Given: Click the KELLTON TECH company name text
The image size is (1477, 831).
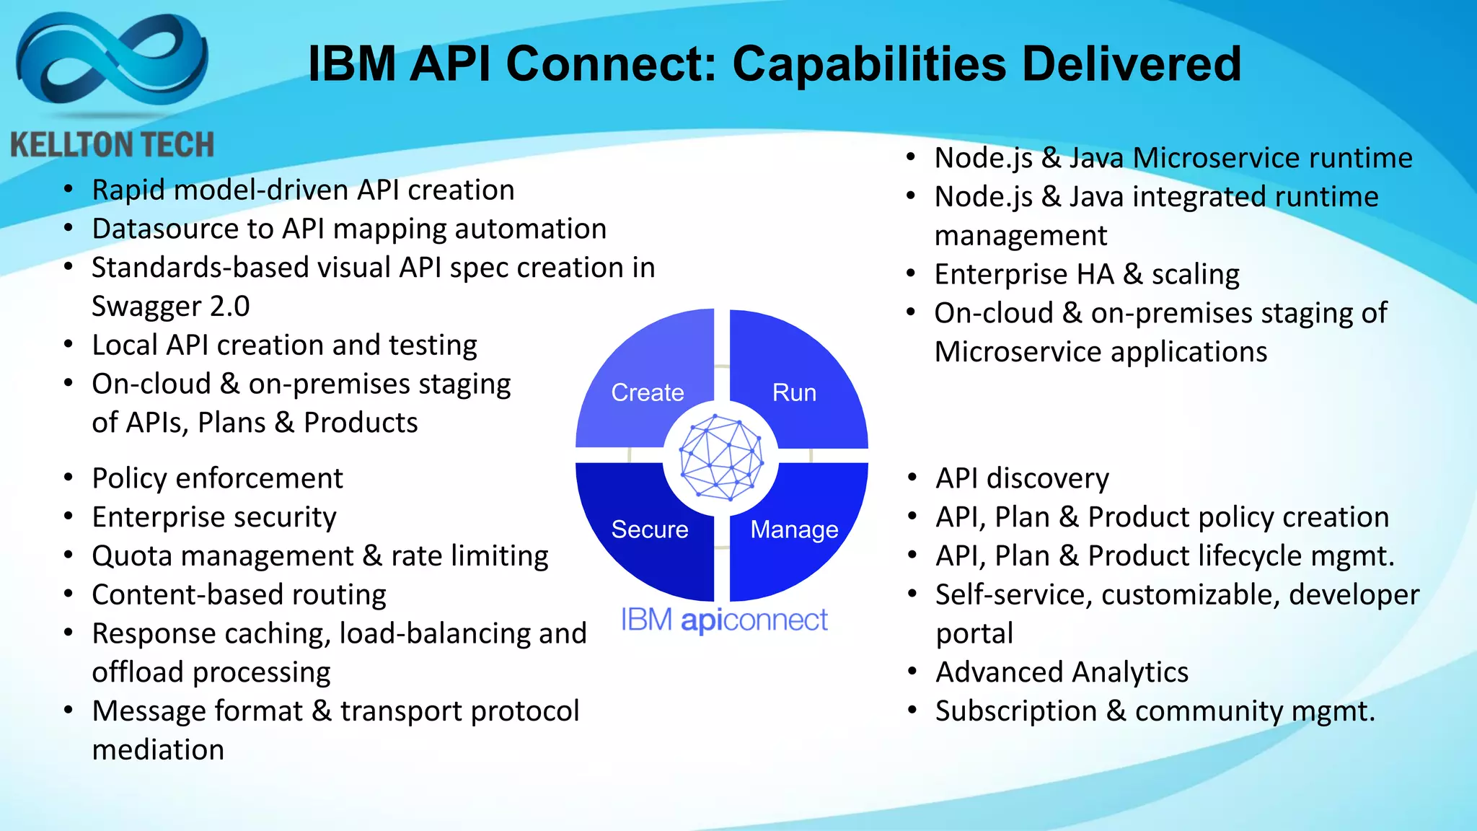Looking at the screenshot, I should click(112, 145).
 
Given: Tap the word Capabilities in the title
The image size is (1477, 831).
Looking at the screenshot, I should click(868, 63).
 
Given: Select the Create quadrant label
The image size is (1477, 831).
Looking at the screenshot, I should click(647, 392).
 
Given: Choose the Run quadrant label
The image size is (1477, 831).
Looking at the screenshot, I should click(794, 392).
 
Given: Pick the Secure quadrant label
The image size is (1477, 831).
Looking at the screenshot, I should click(649, 529).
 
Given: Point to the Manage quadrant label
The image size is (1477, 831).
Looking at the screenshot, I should click(794, 529).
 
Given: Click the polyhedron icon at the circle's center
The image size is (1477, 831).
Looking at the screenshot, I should click(721, 457).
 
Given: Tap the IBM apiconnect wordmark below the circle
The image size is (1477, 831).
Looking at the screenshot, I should click(724, 620).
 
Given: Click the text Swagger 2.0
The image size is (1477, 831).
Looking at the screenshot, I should click(170, 307).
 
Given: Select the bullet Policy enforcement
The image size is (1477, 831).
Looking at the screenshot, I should click(217, 478).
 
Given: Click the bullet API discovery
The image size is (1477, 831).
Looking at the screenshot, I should click(1022, 478).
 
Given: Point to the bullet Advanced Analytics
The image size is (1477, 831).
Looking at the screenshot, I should click(1062, 672).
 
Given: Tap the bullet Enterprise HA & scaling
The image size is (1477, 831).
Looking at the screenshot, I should click(1086, 274).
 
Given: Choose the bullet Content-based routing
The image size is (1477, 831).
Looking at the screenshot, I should click(239, 595).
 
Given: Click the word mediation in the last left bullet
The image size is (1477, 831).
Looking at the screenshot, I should click(158, 750).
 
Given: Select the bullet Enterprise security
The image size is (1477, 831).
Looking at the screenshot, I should click(214, 517).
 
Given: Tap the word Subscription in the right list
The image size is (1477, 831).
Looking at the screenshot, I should click(1015, 711).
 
